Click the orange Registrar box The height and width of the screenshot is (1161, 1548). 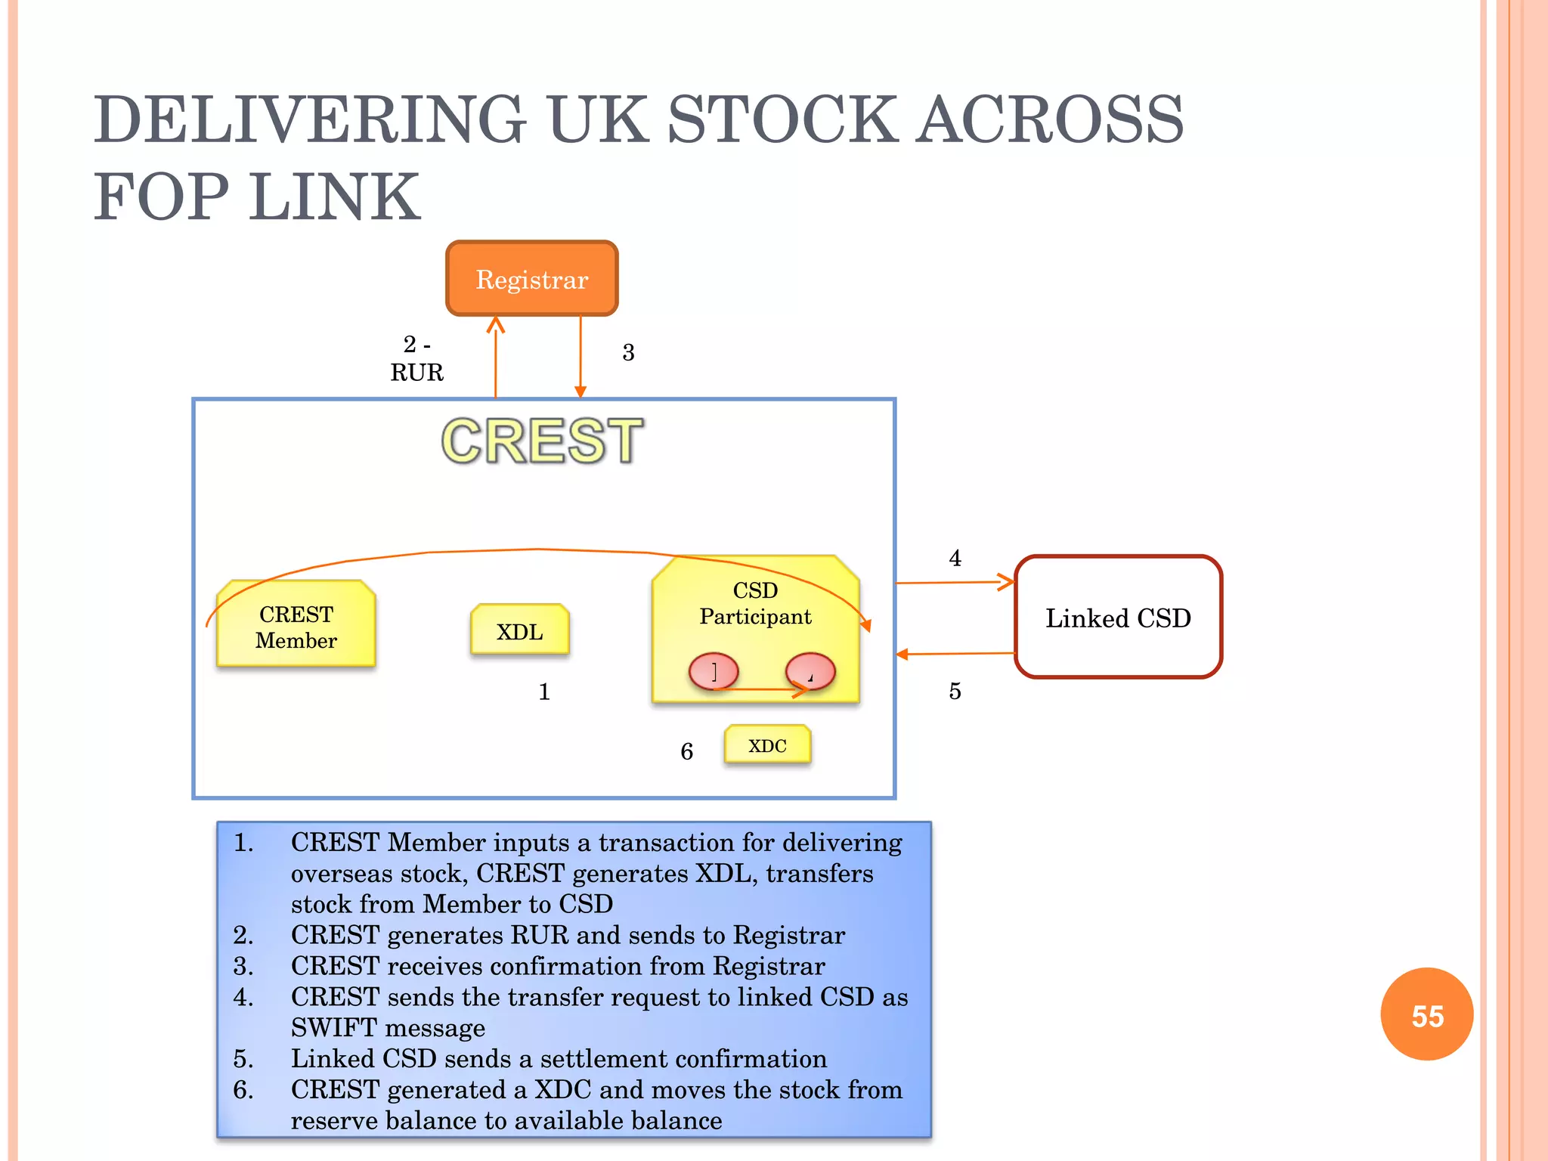click(531, 279)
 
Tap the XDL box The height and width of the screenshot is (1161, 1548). click(519, 630)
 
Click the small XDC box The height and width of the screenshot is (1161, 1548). click(767, 745)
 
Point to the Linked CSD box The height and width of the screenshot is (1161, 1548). click(1118, 618)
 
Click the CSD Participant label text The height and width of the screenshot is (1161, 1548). click(754, 603)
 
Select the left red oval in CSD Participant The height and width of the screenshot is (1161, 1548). click(713, 670)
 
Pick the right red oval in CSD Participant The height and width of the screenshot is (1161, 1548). click(810, 670)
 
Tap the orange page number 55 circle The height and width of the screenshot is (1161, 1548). click(1426, 1014)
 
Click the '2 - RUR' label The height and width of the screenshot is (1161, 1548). click(416, 358)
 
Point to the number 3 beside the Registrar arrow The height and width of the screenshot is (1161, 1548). click(628, 352)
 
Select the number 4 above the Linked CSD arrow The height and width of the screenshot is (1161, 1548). click(955, 559)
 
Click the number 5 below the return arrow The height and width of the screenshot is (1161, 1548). click(955, 691)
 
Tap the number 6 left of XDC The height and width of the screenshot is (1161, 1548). click(686, 751)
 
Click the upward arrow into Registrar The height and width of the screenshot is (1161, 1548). click(495, 355)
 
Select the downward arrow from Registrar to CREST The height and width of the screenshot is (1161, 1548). click(580, 355)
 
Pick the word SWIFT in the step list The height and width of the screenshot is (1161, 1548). click(333, 1028)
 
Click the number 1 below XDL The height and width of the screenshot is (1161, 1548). click(543, 692)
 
